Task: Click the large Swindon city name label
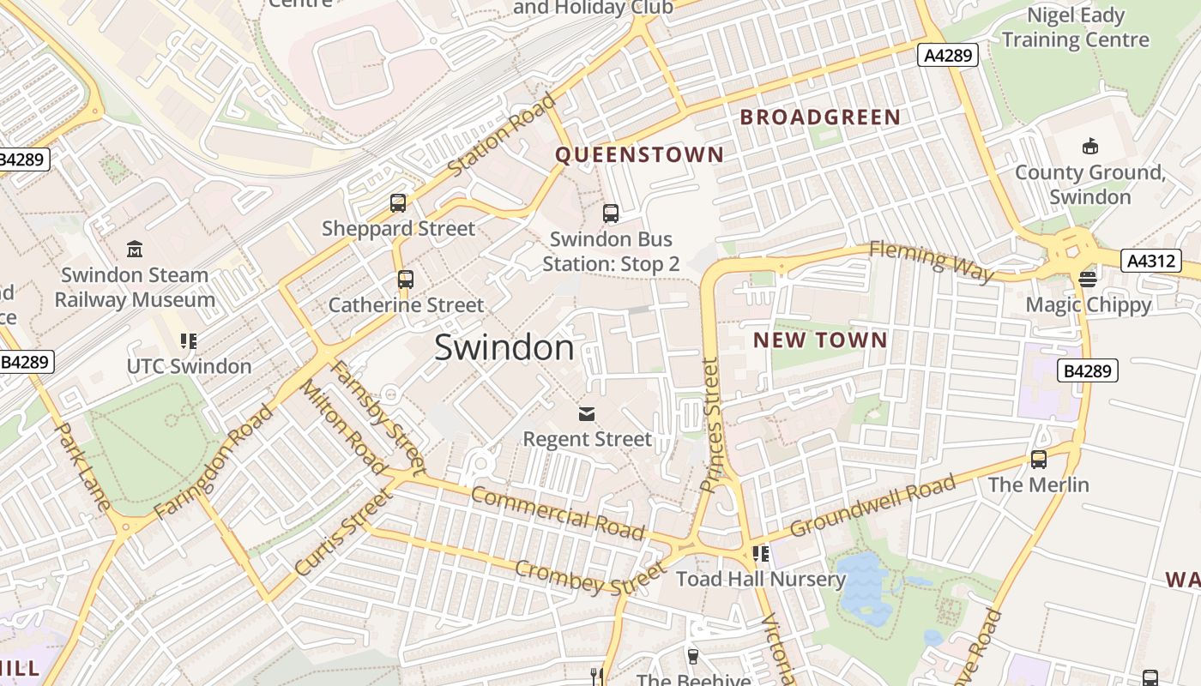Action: (x=504, y=347)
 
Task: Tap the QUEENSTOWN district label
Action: (x=639, y=154)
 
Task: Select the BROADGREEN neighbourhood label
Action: (x=820, y=117)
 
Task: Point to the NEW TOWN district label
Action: (x=820, y=340)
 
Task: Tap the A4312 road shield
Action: (x=1150, y=261)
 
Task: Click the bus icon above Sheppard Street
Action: (x=398, y=203)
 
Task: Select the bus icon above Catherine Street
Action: (x=406, y=280)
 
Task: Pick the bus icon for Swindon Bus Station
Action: (x=611, y=214)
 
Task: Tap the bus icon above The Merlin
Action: (x=1039, y=460)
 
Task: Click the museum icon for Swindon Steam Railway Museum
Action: (x=135, y=250)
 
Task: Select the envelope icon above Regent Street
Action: (x=587, y=415)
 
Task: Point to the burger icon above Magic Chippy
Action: (x=1088, y=279)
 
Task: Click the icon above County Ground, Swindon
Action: (x=1090, y=147)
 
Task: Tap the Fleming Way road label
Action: (x=932, y=261)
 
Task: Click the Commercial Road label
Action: (x=558, y=513)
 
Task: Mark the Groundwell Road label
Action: (x=872, y=506)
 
